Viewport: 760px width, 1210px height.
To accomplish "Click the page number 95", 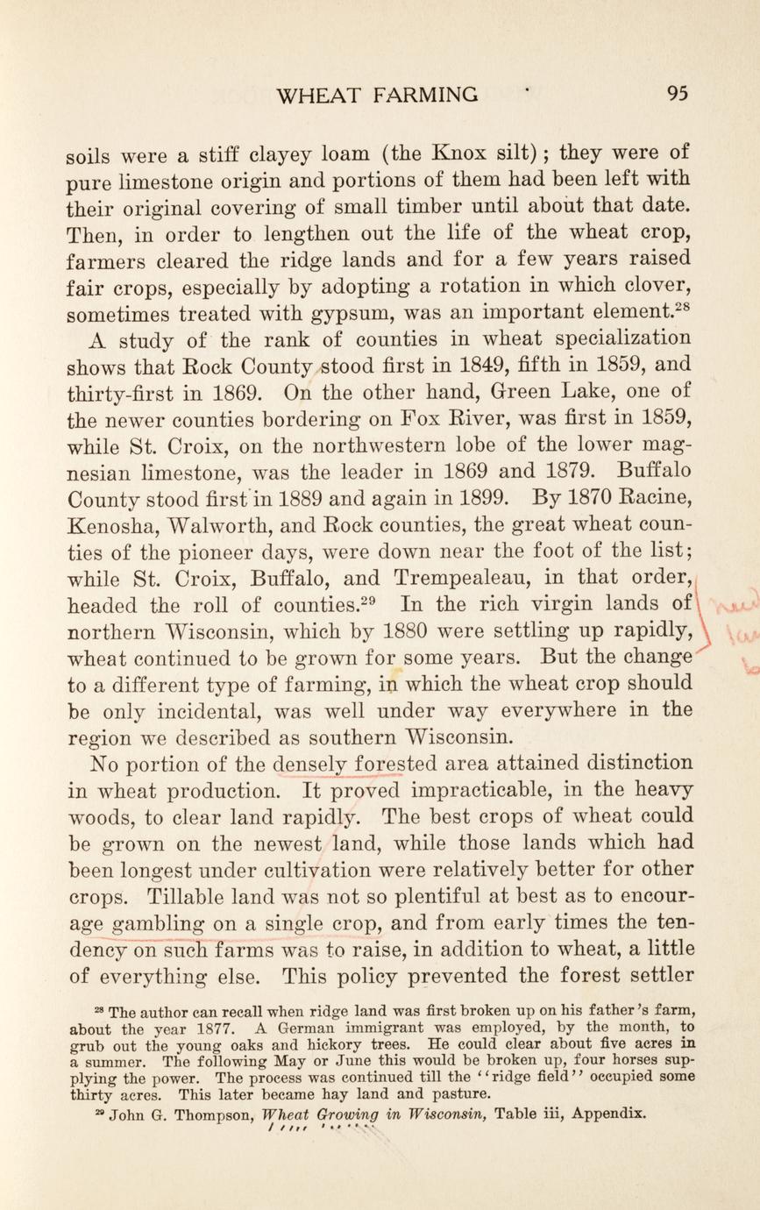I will tap(680, 94).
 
